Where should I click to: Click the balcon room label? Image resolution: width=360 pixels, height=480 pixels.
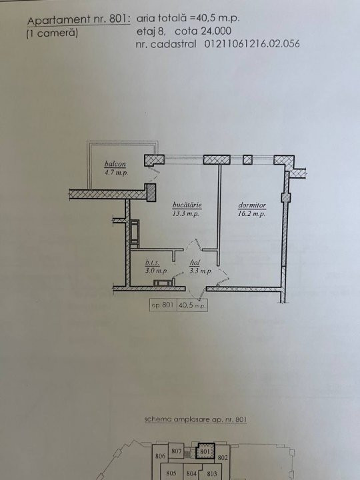(x=115, y=164)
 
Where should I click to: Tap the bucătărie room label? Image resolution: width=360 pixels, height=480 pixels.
(x=187, y=205)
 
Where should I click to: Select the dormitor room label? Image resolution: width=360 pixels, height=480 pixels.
(x=252, y=205)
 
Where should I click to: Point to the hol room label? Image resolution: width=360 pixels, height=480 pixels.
(x=195, y=263)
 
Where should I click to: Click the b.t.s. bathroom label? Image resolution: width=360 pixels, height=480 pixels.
(x=152, y=263)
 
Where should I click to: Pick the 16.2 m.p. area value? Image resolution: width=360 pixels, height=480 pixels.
(x=251, y=214)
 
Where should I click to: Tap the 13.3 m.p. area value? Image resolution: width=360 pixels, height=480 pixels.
(x=185, y=213)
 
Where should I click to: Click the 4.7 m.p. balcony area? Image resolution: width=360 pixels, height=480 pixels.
(x=116, y=173)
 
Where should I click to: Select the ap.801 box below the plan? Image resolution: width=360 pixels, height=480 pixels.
(x=163, y=305)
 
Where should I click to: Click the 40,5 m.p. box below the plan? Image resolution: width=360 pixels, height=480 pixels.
(x=192, y=305)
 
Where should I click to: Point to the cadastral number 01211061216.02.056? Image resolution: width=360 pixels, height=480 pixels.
(x=252, y=44)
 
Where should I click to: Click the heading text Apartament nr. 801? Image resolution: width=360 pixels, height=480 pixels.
(x=79, y=20)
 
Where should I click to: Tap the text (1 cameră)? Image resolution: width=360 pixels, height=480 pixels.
(x=52, y=33)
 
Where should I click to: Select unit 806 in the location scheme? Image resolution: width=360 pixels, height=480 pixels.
(x=160, y=456)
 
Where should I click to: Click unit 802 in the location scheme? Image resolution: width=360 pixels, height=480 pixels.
(x=223, y=457)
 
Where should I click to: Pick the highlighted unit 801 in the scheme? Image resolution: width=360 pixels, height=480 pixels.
(x=205, y=451)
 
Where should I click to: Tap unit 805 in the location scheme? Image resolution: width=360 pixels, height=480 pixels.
(x=171, y=473)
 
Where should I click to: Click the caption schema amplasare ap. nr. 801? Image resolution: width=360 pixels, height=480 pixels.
(x=195, y=419)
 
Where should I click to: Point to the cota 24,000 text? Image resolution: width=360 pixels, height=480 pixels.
(x=203, y=31)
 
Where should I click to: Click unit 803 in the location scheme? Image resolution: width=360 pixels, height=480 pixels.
(x=211, y=473)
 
